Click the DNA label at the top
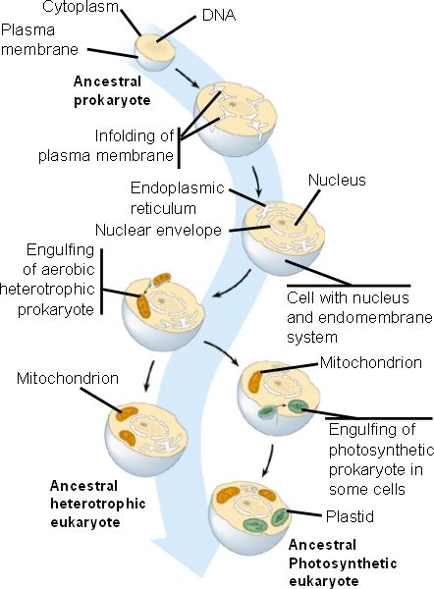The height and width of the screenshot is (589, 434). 219,16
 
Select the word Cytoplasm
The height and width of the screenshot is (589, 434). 81,7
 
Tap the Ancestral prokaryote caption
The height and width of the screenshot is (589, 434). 112,91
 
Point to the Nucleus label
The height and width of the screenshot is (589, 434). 337,180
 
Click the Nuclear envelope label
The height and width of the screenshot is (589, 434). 158,230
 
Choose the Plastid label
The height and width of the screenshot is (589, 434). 350,516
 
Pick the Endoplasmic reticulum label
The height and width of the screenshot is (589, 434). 177,198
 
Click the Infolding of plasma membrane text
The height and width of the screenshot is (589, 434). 106,145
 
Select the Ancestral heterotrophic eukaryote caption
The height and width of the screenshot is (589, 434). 97,505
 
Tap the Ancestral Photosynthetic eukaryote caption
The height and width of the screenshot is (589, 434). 343,563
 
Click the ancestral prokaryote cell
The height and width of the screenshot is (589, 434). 155,52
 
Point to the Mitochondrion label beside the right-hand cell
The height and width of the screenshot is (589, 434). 371,362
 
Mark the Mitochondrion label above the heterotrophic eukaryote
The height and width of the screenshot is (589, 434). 68,378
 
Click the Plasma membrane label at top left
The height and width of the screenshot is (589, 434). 39,40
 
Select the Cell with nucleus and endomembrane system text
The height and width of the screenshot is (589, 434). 359,317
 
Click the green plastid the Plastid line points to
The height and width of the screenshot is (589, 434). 281,517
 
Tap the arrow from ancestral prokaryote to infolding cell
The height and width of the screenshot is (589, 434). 188,79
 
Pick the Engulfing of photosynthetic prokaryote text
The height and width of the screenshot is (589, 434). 381,459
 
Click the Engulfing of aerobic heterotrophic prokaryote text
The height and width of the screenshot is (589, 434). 47,280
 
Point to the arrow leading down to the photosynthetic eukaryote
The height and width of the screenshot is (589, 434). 268,459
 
